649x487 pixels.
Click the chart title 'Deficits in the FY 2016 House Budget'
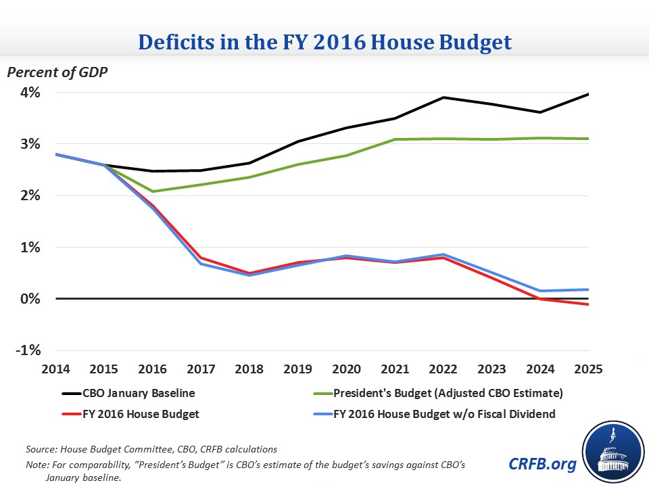[x=324, y=41]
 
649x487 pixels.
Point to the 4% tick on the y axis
[x=30, y=93]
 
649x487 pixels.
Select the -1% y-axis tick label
[x=29, y=350]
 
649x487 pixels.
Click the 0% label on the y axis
[x=30, y=299]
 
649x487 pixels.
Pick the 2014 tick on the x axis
[x=57, y=370]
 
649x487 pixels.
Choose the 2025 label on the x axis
[x=587, y=370]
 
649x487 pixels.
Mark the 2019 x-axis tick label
[x=298, y=370]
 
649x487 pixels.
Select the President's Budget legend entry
[x=446, y=392]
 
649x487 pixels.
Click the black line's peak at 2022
[x=443, y=97]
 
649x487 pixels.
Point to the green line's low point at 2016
[x=153, y=191]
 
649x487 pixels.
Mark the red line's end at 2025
[x=588, y=304]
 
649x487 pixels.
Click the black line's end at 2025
[x=588, y=94]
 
